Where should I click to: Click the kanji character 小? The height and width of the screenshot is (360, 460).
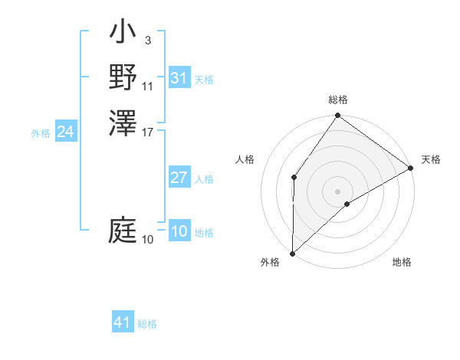pyautogui.click(x=123, y=34)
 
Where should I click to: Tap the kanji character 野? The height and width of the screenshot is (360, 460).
pyautogui.click(x=123, y=77)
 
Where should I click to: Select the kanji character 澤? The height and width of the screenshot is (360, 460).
pyautogui.click(x=123, y=123)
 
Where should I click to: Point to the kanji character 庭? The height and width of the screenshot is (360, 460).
pyautogui.click(x=123, y=230)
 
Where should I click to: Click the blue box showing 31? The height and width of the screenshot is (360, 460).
pyautogui.click(x=179, y=78)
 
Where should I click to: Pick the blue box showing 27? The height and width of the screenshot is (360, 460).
pyautogui.click(x=179, y=178)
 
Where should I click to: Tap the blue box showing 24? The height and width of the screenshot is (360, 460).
pyautogui.click(x=65, y=133)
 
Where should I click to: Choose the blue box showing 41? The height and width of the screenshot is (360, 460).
pyautogui.click(x=123, y=323)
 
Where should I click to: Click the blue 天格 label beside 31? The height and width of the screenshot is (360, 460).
pyautogui.click(x=204, y=80)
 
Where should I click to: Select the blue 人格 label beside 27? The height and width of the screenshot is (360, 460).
pyautogui.click(x=204, y=179)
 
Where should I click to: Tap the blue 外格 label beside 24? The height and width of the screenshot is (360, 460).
pyautogui.click(x=41, y=133)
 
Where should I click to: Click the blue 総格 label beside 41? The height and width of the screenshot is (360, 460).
pyautogui.click(x=147, y=324)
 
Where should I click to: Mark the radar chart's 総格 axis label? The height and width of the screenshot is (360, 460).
pyautogui.click(x=338, y=100)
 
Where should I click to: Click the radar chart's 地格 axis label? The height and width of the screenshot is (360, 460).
pyautogui.click(x=402, y=263)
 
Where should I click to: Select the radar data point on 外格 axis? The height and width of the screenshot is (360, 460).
pyautogui.click(x=292, y=253)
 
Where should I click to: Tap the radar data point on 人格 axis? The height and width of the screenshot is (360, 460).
pyautogui.click(x=294, y=178)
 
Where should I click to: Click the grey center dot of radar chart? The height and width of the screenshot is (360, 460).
pyautogui.click(x=337, y=191)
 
